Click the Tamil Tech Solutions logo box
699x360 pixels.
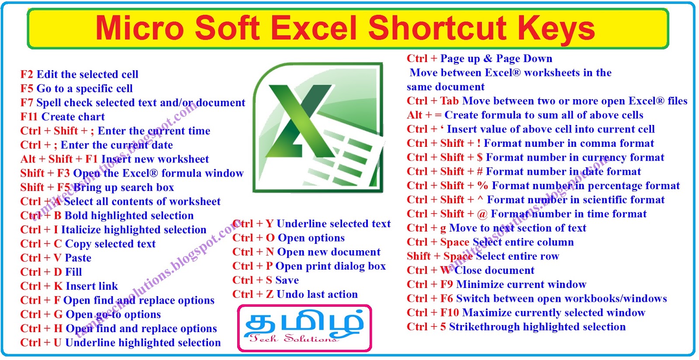tap(305, 328)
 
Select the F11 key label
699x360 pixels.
tap(29, 117)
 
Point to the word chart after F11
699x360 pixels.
tap(91, 117)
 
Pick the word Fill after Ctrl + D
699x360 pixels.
tap(73, 272)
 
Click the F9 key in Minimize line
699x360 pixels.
tap(446, 284)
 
